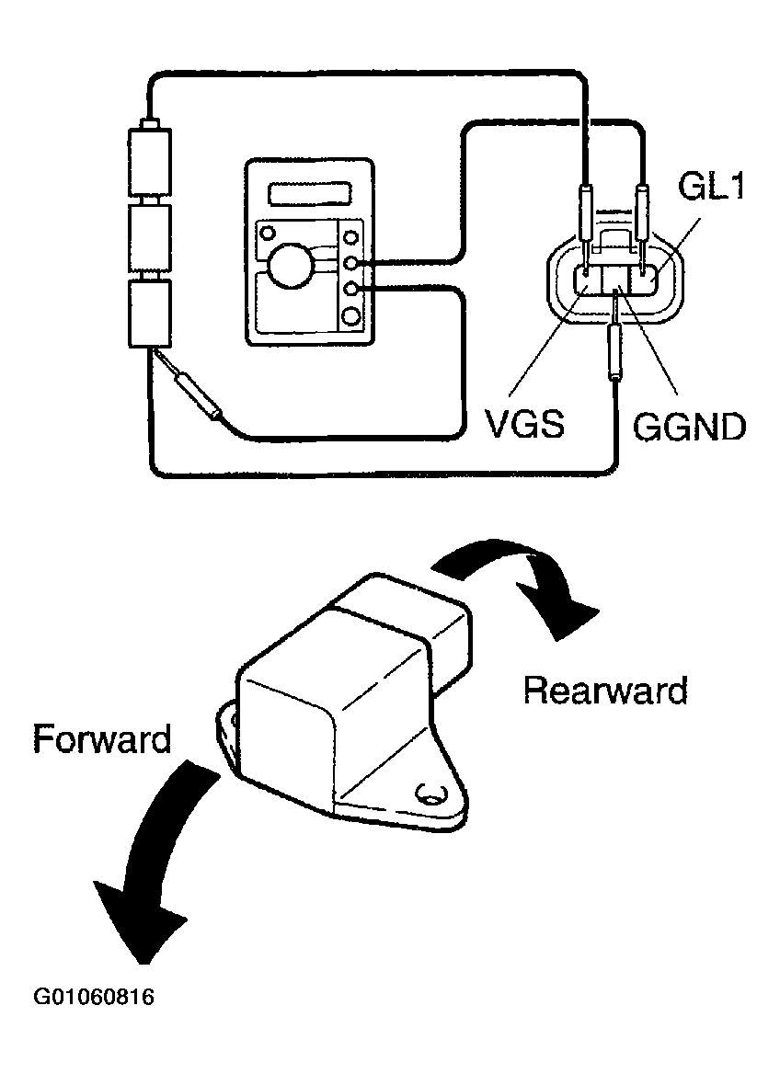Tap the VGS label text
tap(525, 425)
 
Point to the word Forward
tap(101, 738)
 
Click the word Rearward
tap(605, 690)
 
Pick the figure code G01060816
tap(93, 997)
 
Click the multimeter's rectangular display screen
tap(312, 194)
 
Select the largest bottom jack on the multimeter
tap(351, 316)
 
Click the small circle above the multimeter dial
tap(268, 231)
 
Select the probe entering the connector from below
tap(614, 354)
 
